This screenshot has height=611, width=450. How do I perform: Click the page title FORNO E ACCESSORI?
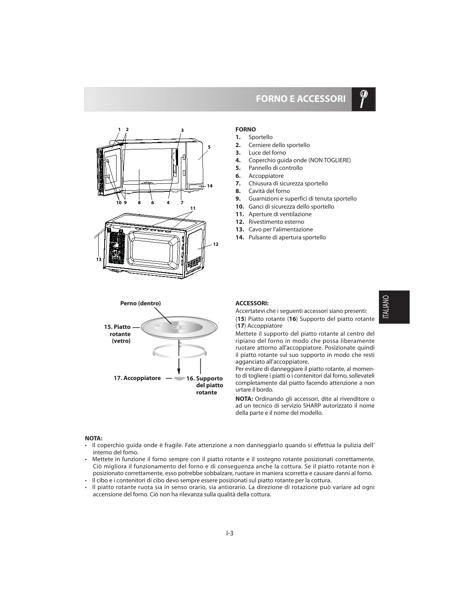(x=300, y=99)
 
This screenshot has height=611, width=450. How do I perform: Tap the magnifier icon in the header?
(x=363, y=98)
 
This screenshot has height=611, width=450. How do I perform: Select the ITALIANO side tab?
(x=394, y=307)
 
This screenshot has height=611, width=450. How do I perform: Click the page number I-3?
(x=229, y=533)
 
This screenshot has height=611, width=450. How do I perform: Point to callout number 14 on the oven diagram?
(x=210, y=186)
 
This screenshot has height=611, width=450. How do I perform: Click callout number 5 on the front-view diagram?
(x=208, y=147)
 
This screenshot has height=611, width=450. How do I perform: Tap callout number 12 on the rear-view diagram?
(x=216, y=244)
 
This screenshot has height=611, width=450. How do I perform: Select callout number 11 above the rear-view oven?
(x=193, y=208)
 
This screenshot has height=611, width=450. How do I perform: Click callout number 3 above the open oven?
(x=182, y=130)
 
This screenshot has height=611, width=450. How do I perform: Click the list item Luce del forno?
(x=267, y=153)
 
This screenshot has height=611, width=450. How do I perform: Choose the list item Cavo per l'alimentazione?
(x=281, y=229)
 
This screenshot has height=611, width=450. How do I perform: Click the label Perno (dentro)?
(x=141, y=303)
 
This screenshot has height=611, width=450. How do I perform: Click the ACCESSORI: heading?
(x=252, y=303)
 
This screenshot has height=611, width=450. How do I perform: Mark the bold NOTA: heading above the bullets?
(x=94, y=438)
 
